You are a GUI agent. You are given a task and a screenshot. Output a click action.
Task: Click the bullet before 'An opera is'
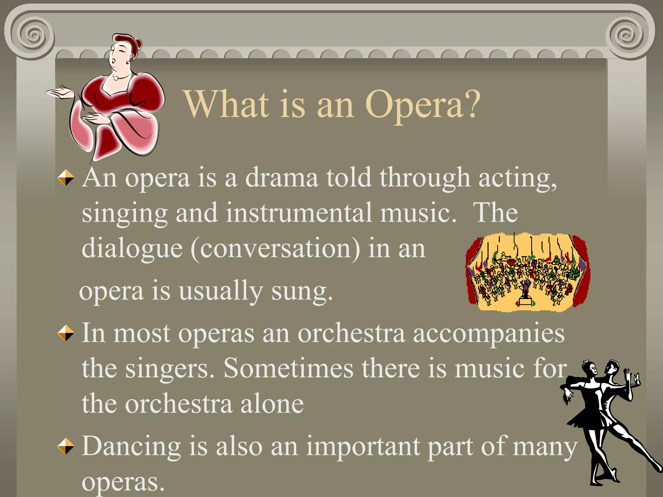pos(66,178)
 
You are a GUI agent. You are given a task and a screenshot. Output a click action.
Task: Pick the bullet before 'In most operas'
pos(66,333)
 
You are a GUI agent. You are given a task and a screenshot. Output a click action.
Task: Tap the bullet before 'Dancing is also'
pos(66,446)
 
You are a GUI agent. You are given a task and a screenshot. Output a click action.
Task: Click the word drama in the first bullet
pos(281,178)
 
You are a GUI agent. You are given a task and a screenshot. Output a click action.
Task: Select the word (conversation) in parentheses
pos(275,248)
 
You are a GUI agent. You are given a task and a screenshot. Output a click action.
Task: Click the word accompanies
pos(489,334)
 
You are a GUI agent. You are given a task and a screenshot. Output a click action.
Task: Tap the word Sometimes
pos(288,369)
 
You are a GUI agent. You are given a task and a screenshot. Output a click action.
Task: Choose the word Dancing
pos(131,447)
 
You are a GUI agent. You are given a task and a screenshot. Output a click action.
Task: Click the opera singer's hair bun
pos(138,42)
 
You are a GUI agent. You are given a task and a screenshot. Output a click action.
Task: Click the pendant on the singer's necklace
pos(116,78)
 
